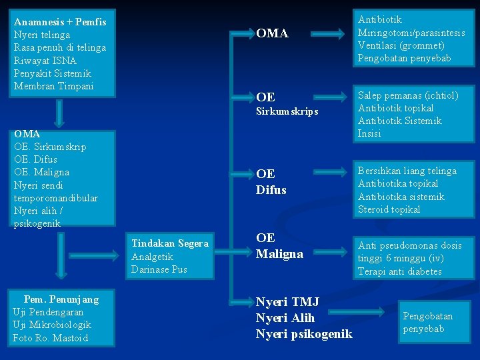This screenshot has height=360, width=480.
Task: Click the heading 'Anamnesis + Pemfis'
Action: pos(60,22)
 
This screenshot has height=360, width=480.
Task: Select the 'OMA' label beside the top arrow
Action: pos(272,33)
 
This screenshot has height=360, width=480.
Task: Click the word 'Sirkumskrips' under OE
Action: pos(287,111)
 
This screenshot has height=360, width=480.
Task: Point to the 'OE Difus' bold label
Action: pos(271,182)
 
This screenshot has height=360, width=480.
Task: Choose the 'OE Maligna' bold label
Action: pos(279,246)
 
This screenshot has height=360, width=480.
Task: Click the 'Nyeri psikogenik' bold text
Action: pos(304,333)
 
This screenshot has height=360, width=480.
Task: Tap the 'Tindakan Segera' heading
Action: pos(170,243)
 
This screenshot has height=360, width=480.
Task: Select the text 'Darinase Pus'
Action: pos(159,269)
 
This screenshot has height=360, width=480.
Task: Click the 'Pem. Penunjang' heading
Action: pos(61,299)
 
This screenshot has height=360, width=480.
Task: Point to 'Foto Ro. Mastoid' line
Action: pos(50,337)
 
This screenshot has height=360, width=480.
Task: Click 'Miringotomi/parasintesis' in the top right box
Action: pos(411,33)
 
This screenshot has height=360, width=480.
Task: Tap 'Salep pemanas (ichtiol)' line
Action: pos(408,95)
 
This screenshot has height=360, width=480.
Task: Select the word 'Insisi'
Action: pos(369,133)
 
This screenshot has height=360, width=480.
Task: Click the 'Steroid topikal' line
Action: pos(389,209)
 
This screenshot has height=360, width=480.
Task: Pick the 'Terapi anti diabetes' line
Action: pos(400,271)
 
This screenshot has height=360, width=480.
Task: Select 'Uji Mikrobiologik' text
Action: pos(52,325)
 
